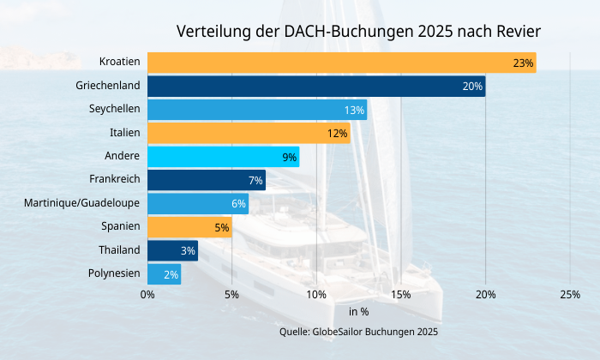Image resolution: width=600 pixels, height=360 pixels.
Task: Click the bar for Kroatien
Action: point(341,63)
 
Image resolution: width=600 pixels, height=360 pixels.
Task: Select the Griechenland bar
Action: point(316,86)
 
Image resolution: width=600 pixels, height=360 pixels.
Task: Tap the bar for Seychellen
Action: point(257,110)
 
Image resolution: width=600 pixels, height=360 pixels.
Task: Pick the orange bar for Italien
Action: point(249,133)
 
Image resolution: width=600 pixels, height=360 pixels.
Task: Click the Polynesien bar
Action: point(164,274)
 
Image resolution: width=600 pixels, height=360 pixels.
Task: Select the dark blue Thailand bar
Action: point(172,250)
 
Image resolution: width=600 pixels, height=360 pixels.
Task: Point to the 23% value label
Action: point(523,63)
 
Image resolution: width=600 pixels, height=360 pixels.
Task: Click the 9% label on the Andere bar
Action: point(289,157)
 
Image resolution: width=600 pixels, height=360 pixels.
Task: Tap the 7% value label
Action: point(255,180)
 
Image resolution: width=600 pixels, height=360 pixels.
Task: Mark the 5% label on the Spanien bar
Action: point(222,227)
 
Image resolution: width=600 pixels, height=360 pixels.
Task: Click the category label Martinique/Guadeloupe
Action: point(82,203)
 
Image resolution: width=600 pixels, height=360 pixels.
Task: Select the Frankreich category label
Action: point(114,180)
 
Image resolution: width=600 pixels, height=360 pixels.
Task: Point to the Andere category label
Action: point(122,157)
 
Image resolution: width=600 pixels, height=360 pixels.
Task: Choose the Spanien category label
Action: point(120,227)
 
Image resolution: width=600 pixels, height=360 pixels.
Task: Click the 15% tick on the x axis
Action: point(400,295)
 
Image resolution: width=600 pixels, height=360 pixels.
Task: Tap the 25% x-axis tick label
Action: point(569,295)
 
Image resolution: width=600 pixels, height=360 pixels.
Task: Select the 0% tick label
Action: point(147,295)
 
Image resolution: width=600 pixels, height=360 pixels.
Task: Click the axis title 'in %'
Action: point(358,312)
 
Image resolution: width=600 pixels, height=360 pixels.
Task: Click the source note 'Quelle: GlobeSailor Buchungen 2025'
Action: point(358,331)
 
